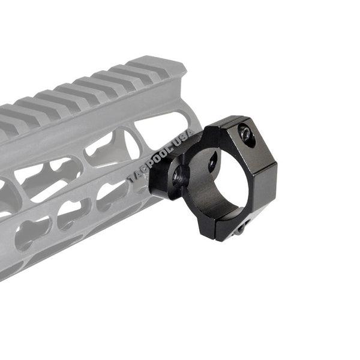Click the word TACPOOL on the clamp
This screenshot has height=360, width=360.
(x=151, y=164)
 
